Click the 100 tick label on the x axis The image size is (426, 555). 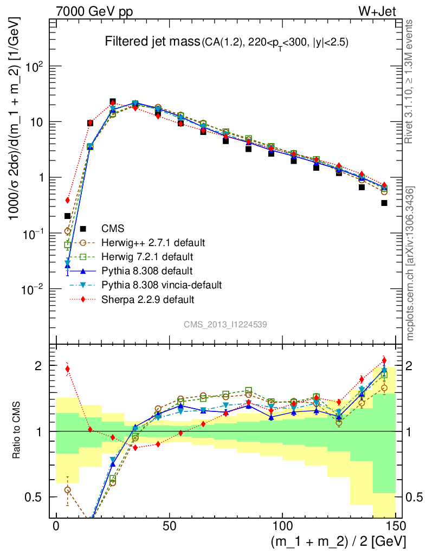tap(282, 527)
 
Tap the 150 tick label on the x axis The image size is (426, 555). tap(395, 527)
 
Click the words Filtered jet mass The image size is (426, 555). tap(152, 42)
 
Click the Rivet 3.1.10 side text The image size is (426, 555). tap(410, 81)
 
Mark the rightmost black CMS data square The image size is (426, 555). tap(384, 203)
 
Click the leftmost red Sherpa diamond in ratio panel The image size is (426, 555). tap(68, 369)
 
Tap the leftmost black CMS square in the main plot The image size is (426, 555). tap(68, 216)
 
